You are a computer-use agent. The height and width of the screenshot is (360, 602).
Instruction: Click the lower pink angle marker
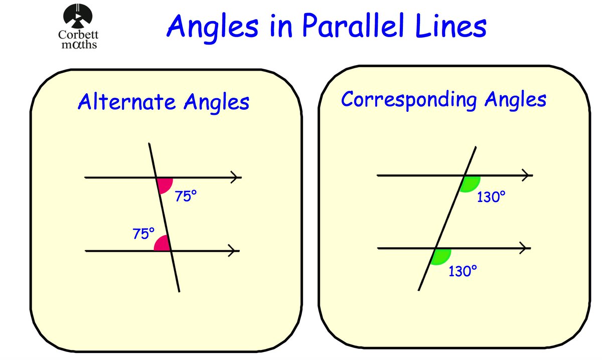tap(162, 244)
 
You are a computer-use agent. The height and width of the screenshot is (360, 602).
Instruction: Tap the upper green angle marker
tap(471, 183)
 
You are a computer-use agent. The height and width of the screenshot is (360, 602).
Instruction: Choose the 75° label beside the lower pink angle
tap(143, 234)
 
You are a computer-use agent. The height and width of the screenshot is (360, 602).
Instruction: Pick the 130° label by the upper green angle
tap(490, 197)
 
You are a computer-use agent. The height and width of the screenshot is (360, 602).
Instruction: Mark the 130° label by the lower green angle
tap(462, 271)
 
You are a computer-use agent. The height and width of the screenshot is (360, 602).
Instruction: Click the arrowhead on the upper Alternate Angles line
tap(234, 177)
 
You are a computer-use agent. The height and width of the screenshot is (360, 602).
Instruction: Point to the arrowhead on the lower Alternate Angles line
tap(233, 251)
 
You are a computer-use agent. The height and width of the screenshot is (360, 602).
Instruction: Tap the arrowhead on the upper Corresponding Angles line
tap(527, 175)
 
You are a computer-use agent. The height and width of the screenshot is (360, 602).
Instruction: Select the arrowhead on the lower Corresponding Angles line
tap(525, 248)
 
